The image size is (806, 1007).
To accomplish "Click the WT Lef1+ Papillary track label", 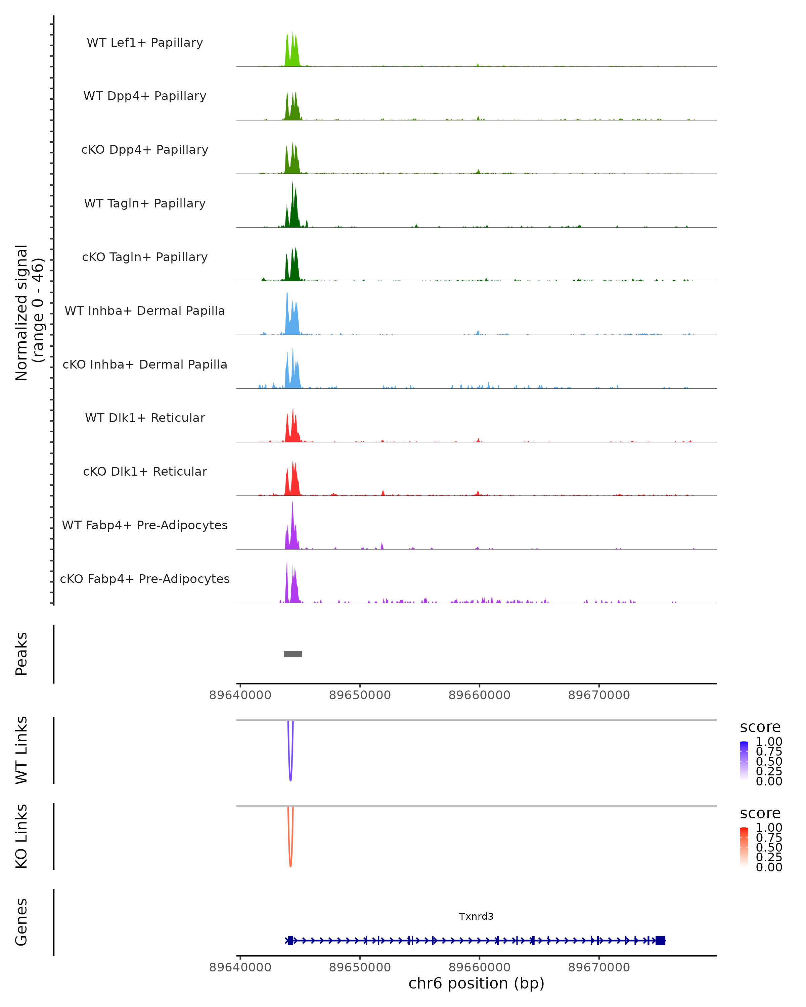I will [x=145, y=43].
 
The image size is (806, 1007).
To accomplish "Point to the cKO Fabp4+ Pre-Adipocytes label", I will [x=145, y=579].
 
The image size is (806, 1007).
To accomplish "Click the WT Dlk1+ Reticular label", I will [x=145, y=418].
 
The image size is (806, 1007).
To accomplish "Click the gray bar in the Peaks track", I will [x=293, y=654].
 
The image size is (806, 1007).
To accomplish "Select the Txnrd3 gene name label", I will [x=476, y=916].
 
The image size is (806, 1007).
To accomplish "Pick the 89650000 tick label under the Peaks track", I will [x=360, y=695].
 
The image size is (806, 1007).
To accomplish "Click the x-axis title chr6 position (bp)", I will [x=476, y=984].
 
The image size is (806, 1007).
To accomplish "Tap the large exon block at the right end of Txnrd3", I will [x=660, y=940].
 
